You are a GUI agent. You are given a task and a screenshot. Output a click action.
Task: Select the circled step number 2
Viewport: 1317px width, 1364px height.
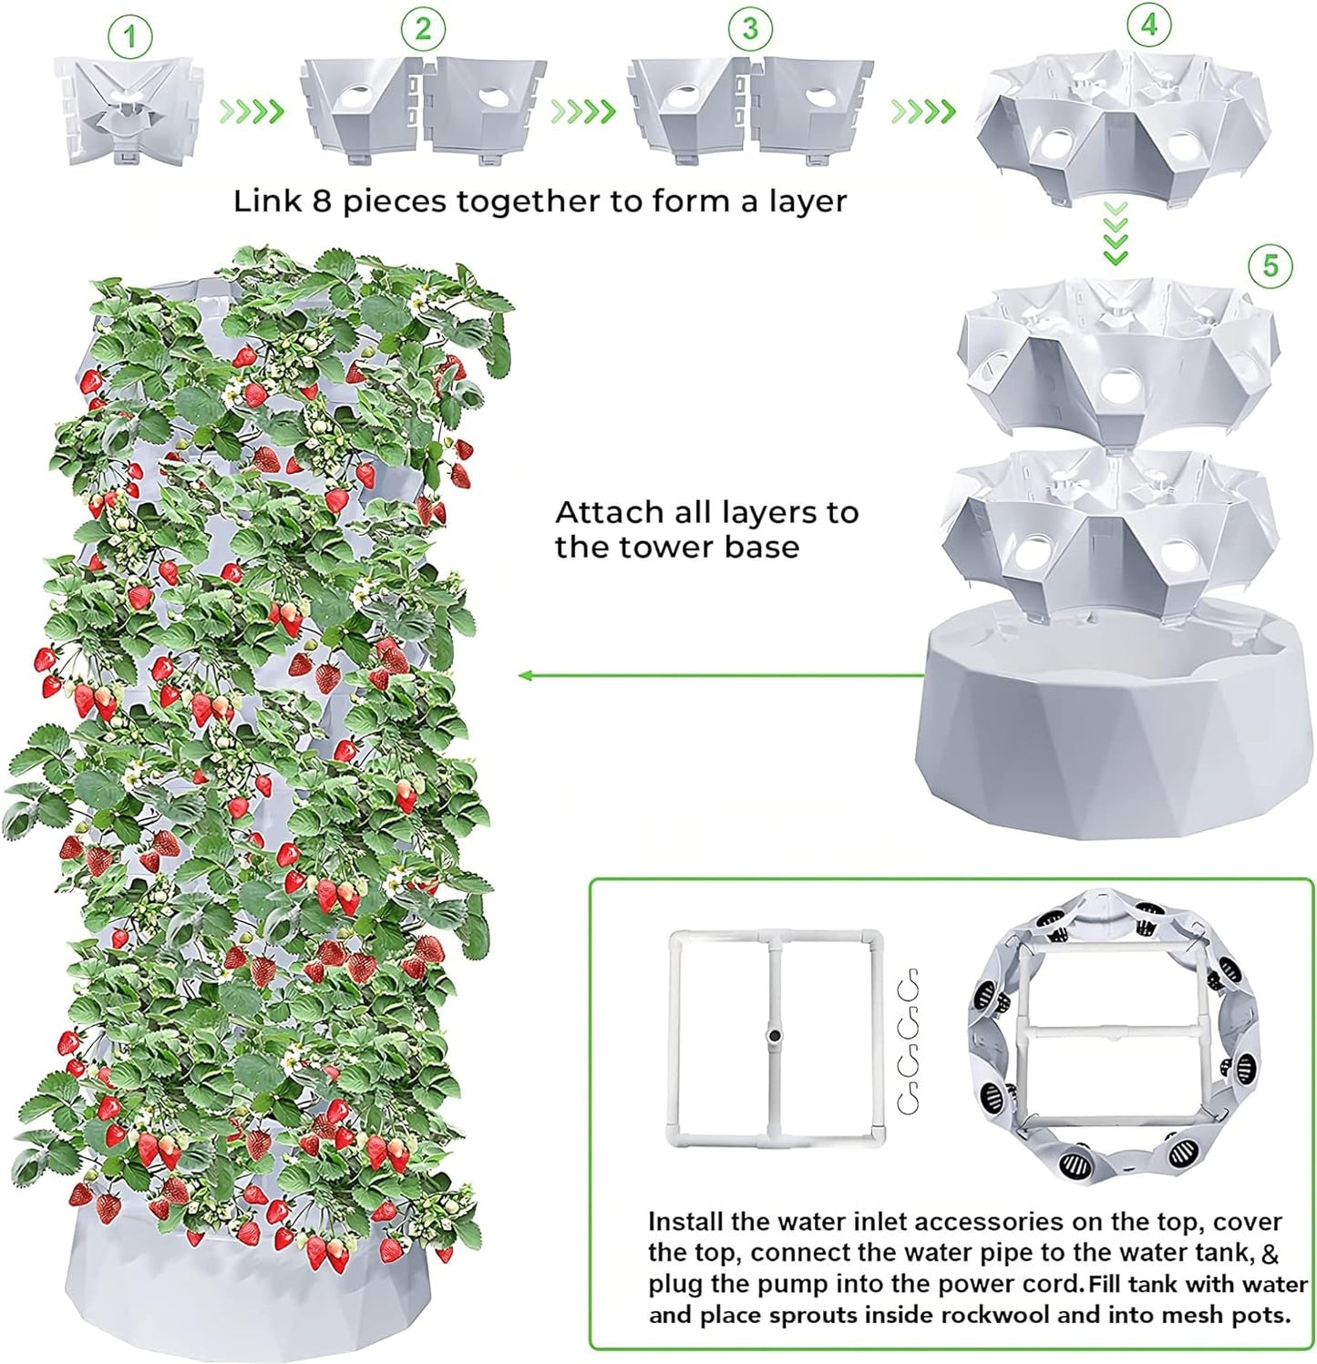click(x=423, y=29)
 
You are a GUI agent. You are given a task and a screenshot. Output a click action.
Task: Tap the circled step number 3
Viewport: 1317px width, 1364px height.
click(x=749, y=29)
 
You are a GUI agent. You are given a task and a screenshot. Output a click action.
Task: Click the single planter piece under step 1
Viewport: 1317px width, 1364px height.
click(x=129, y=109)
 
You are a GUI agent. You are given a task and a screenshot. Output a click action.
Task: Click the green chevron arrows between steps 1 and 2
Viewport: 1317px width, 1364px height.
click(x=252, y=111)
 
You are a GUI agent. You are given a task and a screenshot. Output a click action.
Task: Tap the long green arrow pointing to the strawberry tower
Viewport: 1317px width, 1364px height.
click(x=720, y=675)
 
